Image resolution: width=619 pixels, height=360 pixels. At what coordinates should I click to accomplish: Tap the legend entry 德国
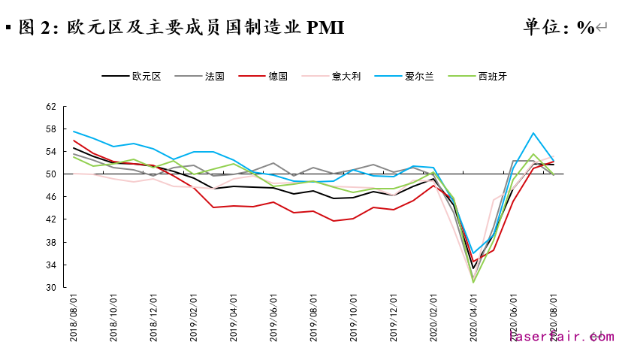pyautogui.click(x=278, y=76)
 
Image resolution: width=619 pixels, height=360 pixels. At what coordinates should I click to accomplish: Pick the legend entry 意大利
pyautogui.click(x=346, y=76)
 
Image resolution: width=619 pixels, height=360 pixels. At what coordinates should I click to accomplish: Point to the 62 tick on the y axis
pyautogui.click(x=51, y=107)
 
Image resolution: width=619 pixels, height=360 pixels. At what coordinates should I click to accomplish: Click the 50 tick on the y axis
pyautogui.click(x=51, y=174)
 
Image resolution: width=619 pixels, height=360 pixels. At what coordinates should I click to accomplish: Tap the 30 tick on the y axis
pyautogui.click(x=51, y=288)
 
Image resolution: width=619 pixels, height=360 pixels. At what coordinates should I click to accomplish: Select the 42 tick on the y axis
pyautogui.click(x=51, y=219)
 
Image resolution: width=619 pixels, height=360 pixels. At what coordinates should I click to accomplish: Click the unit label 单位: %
pyautogui.click(x=559, y=28)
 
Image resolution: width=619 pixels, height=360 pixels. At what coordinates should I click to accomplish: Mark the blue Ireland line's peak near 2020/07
pyautogui.click(x=533, y=133)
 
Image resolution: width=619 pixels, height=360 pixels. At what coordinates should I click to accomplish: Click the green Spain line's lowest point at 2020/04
pyautogui.click(x=473, y=283)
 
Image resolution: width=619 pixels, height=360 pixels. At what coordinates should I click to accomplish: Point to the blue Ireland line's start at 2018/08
pyautogui.click(x=74, y=132)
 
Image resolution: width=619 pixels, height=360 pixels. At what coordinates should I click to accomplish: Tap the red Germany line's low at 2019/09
pyautogui.click(x=334, y=221)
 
